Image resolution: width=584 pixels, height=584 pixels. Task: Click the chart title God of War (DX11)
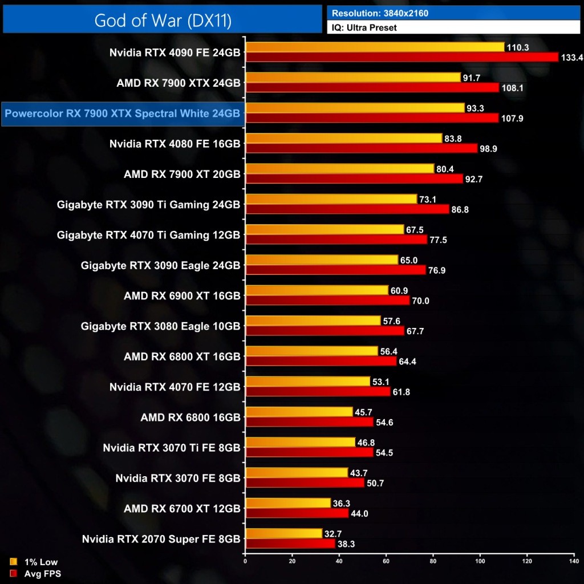coord(163,20)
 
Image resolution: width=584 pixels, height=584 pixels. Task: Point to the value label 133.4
coord(571,58)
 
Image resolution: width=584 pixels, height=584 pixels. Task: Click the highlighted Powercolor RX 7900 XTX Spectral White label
coord(122,113)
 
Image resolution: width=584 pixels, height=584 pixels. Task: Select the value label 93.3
coord(476,108)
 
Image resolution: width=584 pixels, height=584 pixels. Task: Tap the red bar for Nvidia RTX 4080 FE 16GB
coord(362,148)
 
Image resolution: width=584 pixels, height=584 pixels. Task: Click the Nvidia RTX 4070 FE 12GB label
coord(175,387)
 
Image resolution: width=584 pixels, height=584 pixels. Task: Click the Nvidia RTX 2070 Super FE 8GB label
coord(161,538)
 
